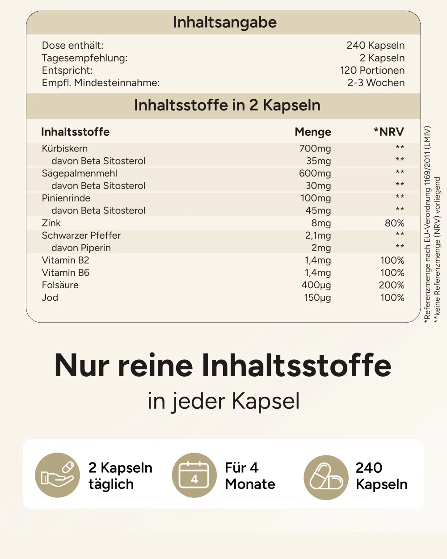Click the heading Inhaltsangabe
[x=224, y=22]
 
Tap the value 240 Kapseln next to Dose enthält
[x=375, y=46]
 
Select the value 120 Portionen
[x=372, y=71]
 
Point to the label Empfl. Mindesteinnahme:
[x=101, y=83]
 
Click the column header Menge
[x=313, y=132]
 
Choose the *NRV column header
[x=389, y=132]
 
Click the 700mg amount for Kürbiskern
[x=315, y=149]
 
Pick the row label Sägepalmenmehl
[x=80, y=173]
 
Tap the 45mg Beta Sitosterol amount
[x=318, y=210]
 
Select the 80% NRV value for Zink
[x=395, y=223]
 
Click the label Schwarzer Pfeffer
[x=81, y=235]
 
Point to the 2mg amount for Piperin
[x=321, y=248]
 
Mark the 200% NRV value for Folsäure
[x=392, y=285]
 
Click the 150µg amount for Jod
[x=317, y=298]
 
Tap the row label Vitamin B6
[x=66, y=273]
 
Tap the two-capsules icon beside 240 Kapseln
[x=326, y=477]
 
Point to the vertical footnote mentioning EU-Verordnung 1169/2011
[x=427, y=225]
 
